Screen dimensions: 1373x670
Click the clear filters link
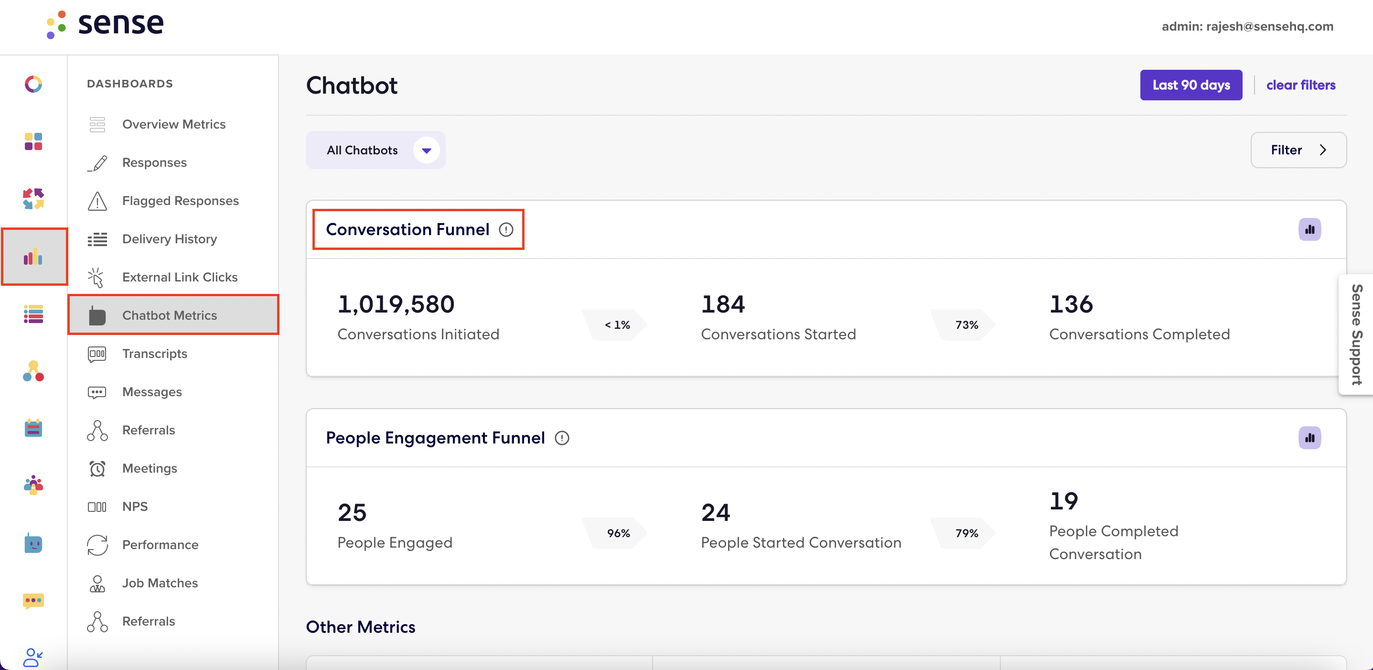[x=1300, y=85]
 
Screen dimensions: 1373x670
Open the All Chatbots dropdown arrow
[x=427, y=151]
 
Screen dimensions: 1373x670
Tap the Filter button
[x=1298, y=150]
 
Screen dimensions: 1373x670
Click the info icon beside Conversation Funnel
[x=506, y=230]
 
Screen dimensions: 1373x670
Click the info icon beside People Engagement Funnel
[x=562, y=438]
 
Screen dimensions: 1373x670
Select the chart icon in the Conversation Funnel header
[x=1309, y=230]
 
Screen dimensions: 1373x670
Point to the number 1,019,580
[x=396, y=304]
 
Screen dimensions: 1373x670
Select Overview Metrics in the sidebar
[x=174, y=124]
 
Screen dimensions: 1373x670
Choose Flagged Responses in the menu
[x=180, y=201]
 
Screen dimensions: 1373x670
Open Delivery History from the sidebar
[x=170, y=239]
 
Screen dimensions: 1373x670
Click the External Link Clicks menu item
[x=180, y=277]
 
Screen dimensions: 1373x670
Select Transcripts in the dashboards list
[x=155, y=354]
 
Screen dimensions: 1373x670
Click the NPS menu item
[x=135, y=507]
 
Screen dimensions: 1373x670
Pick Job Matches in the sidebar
[x=160, y=583]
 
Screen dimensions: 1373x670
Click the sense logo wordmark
[x=121, y=23]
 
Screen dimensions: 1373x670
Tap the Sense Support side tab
[x=1356, y=335]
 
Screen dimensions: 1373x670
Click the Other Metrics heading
[x=360, y=627]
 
